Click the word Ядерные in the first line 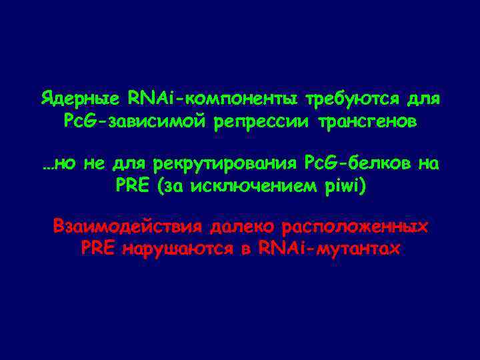coord(78,100)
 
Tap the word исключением coord(261,185)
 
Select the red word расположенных coord(355,226)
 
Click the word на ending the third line coord(431,163)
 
